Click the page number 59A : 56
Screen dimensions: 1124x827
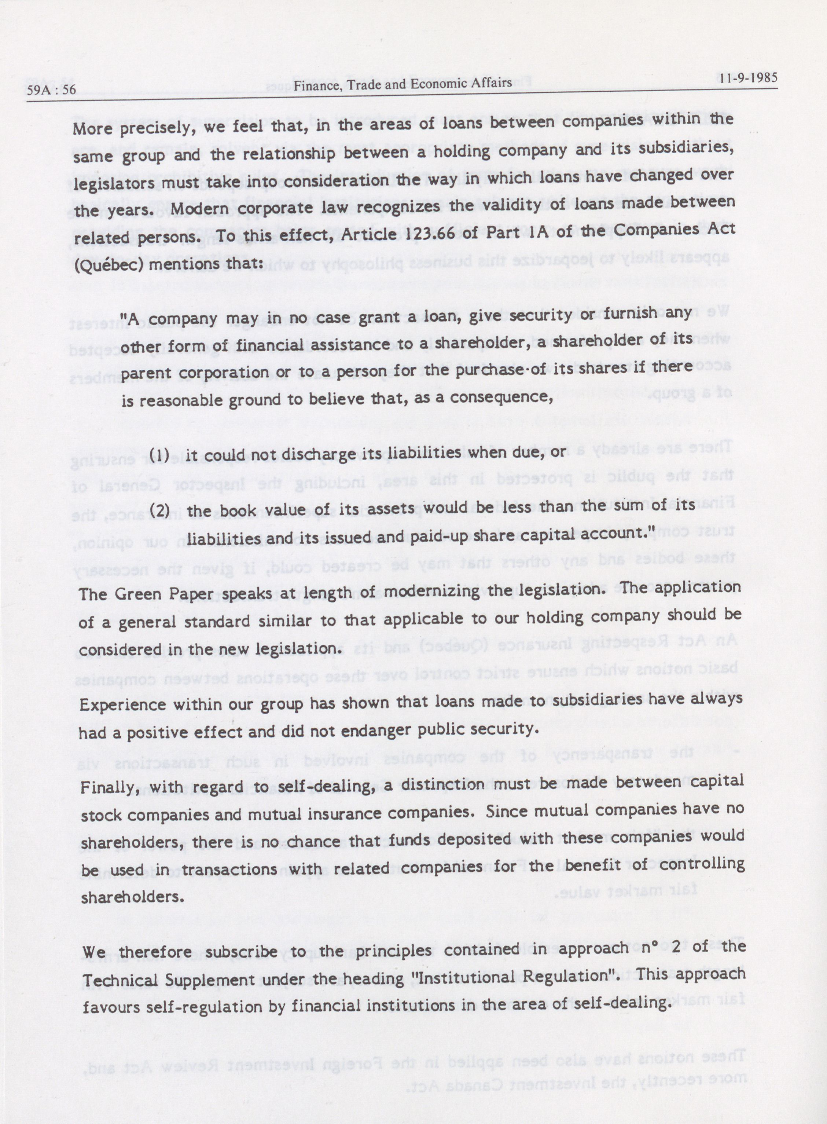tap(52, 91)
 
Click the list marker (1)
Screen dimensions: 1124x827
tap(160, 455)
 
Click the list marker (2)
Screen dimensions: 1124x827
tap(160, 511)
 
